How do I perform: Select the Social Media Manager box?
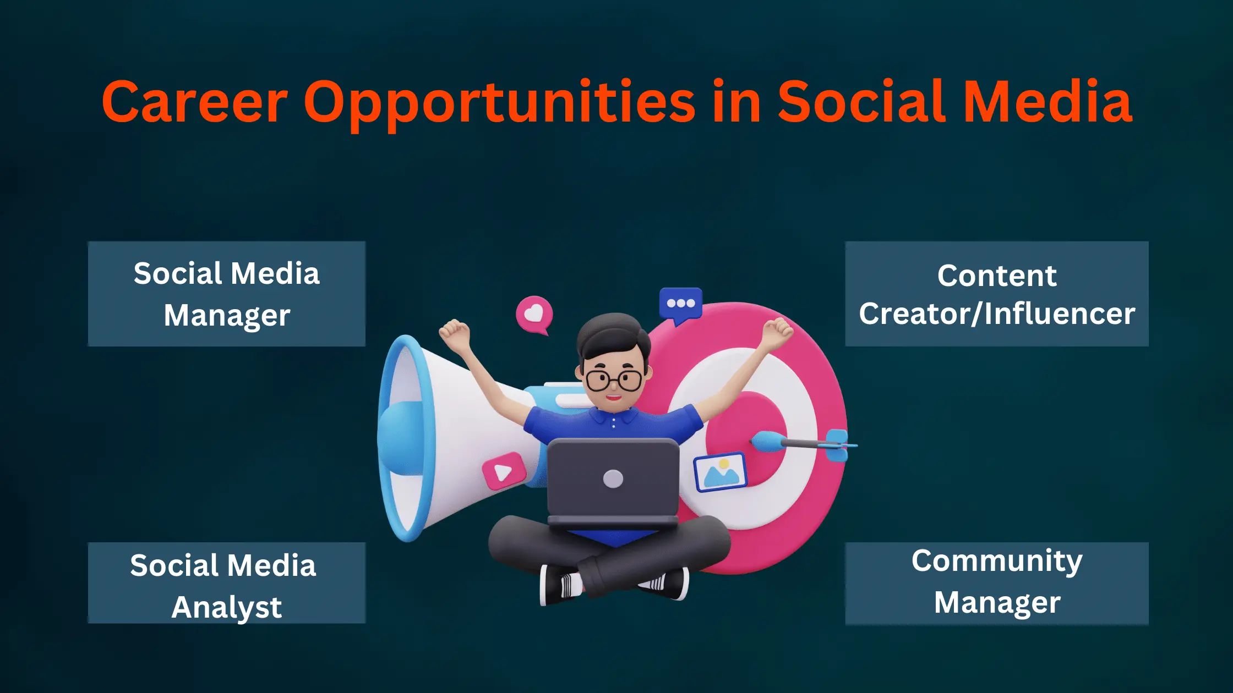226,294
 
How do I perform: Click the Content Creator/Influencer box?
996,294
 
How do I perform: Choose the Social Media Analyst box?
226,583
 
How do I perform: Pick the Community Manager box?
996,583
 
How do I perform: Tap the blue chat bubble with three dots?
680,304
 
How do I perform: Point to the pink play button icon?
503,471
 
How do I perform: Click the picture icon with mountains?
720,472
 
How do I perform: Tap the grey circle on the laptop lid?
613,479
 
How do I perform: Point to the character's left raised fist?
454,332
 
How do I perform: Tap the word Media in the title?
1047,102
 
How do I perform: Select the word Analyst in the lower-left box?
226,607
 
